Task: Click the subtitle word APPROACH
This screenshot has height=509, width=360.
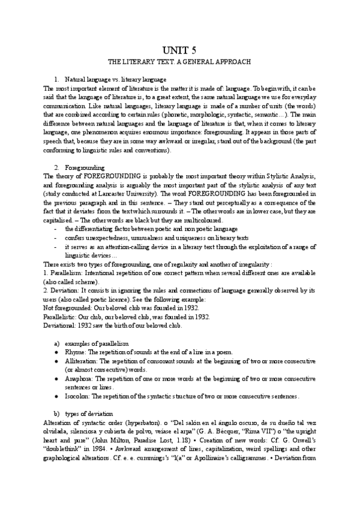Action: [232, 62]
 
